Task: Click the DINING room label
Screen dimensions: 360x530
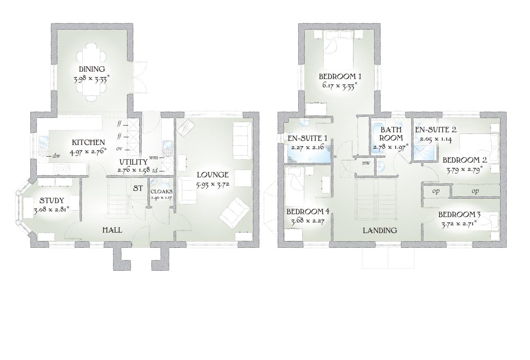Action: [x=92, y=69]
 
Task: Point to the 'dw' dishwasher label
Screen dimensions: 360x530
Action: [x=57, y=156]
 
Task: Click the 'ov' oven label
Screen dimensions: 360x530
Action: [x=119, y=149]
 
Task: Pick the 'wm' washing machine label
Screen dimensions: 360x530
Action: [x=154, y=156]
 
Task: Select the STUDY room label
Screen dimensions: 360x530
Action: [x=52, y=201]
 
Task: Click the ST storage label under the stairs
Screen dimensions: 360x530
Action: [x=138, y=188]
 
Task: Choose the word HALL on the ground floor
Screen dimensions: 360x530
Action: [x=112, y=230]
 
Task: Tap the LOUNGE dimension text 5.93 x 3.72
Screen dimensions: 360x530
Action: [x=213, y=184]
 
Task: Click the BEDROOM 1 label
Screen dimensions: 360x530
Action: [x=340, y=76]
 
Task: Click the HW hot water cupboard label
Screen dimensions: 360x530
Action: [x=366, y=163]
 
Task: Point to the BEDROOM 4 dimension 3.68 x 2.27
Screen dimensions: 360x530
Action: [x=308, y=222]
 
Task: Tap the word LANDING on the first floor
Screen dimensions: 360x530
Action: [x=380, y=231]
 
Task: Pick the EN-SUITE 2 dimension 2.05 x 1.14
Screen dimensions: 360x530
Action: [x=435, y=139]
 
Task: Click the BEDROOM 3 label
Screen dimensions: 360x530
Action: [x=459, y=215]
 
